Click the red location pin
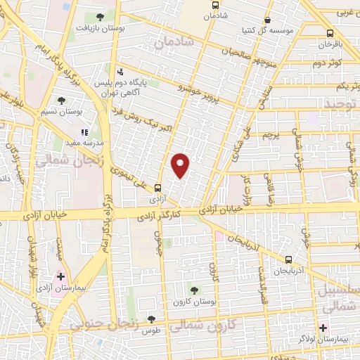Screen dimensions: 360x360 181,165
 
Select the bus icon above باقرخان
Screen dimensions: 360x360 330,33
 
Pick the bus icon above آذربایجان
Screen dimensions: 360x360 289,259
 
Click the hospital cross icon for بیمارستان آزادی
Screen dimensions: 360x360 62,276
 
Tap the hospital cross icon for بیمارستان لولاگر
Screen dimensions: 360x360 323,328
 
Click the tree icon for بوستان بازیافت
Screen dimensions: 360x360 100,17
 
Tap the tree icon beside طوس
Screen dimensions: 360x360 151,319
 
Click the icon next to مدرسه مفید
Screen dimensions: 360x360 84,131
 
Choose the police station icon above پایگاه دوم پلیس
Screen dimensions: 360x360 120,71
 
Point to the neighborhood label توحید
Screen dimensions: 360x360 341,105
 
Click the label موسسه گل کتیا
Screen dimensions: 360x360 262,30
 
